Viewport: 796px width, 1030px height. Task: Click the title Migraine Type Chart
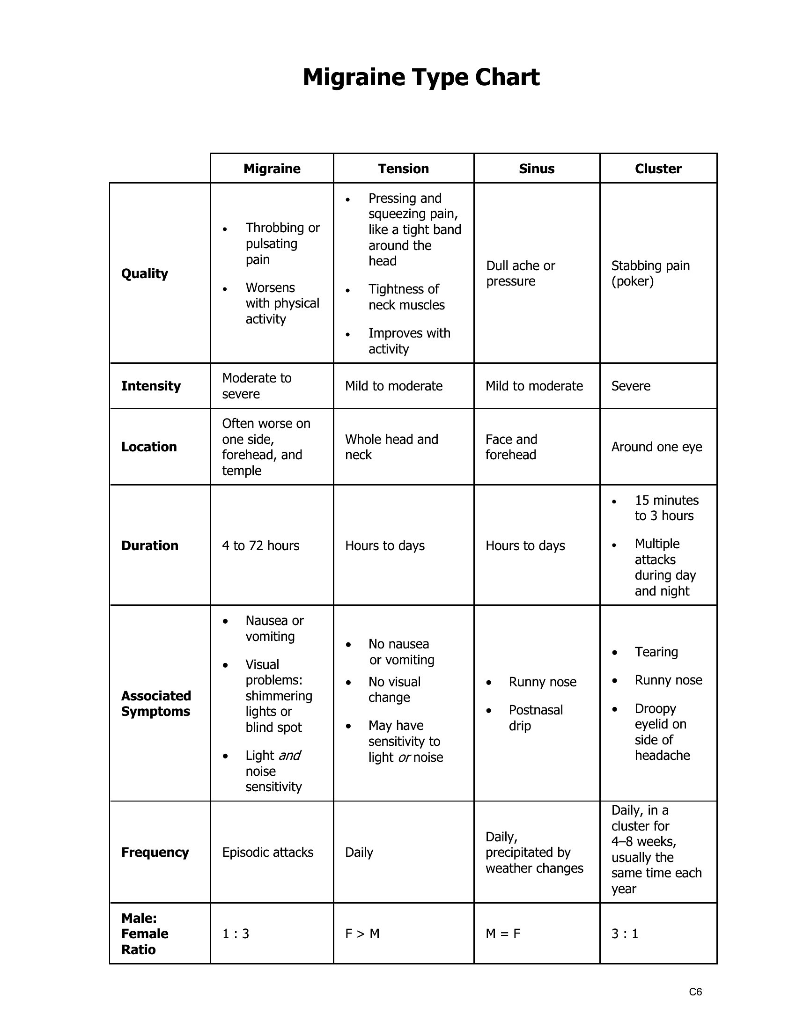point(420,77)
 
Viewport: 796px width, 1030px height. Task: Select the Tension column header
point(403,169)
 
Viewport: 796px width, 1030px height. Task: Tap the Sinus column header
point(536,169)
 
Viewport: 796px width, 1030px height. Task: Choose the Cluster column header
point(658,169)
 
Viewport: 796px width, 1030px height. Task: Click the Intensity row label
point(150,386)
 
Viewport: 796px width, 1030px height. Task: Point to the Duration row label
point(149,545)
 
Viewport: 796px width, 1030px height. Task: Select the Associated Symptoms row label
point(155,703)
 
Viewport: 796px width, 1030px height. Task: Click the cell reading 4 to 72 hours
point(260,545)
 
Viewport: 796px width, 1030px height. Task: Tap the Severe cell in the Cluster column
point(631,386)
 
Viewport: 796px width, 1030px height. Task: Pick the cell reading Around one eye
point(656,447)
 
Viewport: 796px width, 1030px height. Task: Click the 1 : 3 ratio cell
point(236,933)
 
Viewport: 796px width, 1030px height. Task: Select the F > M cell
point(362,933)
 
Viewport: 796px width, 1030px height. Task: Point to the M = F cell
point(503,933)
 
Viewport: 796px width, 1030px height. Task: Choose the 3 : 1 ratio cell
point(624,933)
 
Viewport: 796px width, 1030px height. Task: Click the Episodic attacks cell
point(267,852)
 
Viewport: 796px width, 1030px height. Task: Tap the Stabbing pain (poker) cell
point(650,273)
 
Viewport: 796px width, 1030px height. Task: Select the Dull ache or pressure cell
point(520,273)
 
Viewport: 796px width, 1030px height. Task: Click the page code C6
point(695,991)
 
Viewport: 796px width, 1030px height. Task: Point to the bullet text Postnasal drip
point(535,717)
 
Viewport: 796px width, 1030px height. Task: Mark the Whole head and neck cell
point(391,447)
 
